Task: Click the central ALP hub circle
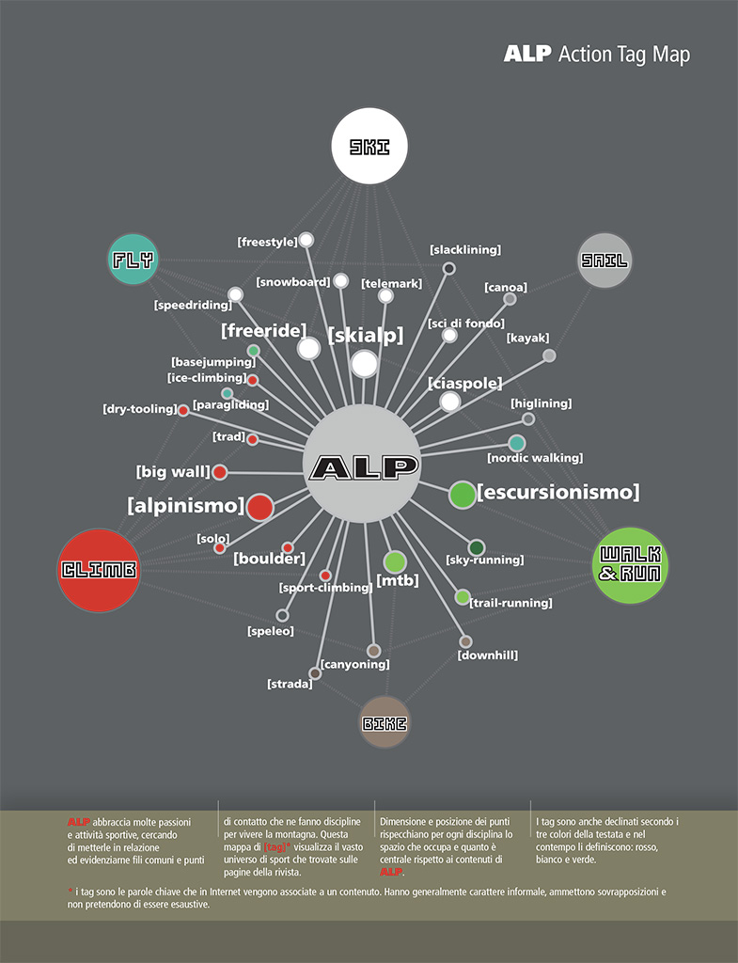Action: tap(362, 464)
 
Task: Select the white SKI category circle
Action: tap(369, 146)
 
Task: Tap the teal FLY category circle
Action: tap(133, 259)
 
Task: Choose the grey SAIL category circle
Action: tap(604, 260)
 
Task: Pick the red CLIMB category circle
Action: tap(99, 569)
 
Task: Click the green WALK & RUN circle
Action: tap(630, 563)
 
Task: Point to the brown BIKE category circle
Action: tap(385, 722)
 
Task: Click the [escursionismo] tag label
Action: tap(557, 492)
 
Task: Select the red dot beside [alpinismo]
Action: tap(259, 507)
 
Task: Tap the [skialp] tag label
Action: tap(366, 336)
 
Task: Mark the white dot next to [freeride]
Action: tap(308, 349)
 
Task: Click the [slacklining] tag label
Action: tap(464, 250)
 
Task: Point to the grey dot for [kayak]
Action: tap(549, 355)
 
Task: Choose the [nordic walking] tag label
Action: tap(534, 458)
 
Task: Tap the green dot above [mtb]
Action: tap(395, 561)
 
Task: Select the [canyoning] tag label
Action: tap(354, 665)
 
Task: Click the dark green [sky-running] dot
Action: tap(477, 547)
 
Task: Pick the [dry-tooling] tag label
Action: tap(139, 409)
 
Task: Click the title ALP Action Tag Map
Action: tap(596, 54)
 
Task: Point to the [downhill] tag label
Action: tap(487, 655)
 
